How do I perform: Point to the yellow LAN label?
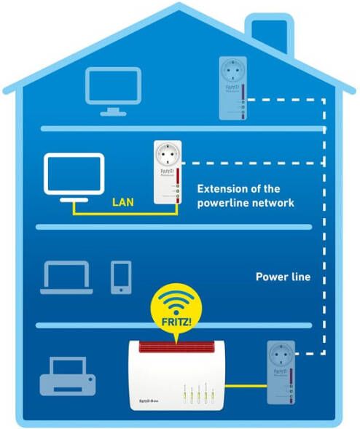click(122, 198)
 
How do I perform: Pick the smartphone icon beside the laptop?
click(121, 277)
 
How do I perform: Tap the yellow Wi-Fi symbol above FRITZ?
click(173, 301)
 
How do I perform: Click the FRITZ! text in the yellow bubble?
click(173, 319)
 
